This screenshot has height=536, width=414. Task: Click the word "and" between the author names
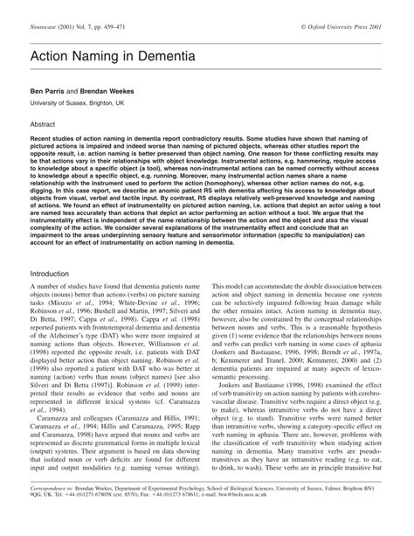click(78, 90)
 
